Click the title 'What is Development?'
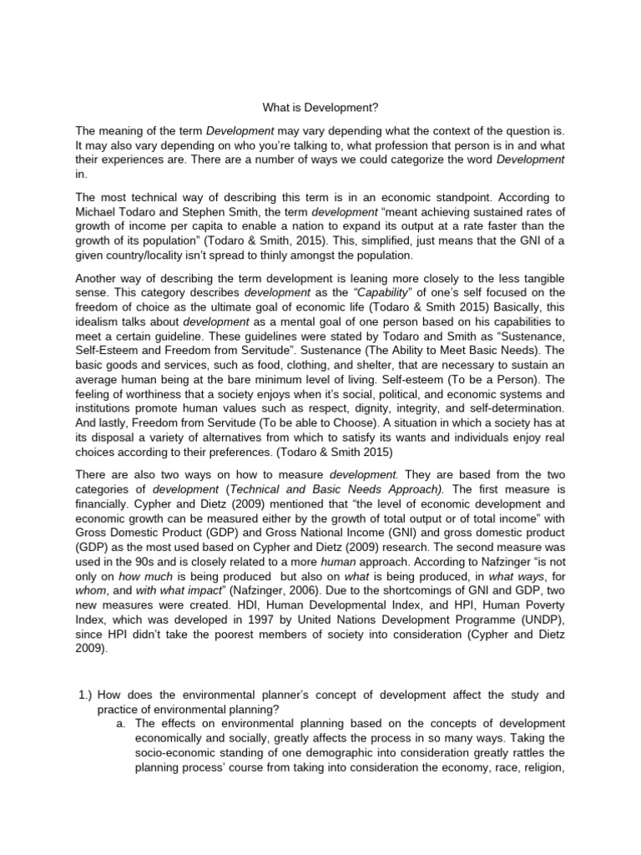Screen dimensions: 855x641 tap(320, 107)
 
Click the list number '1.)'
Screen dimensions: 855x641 tap(86, 695)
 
